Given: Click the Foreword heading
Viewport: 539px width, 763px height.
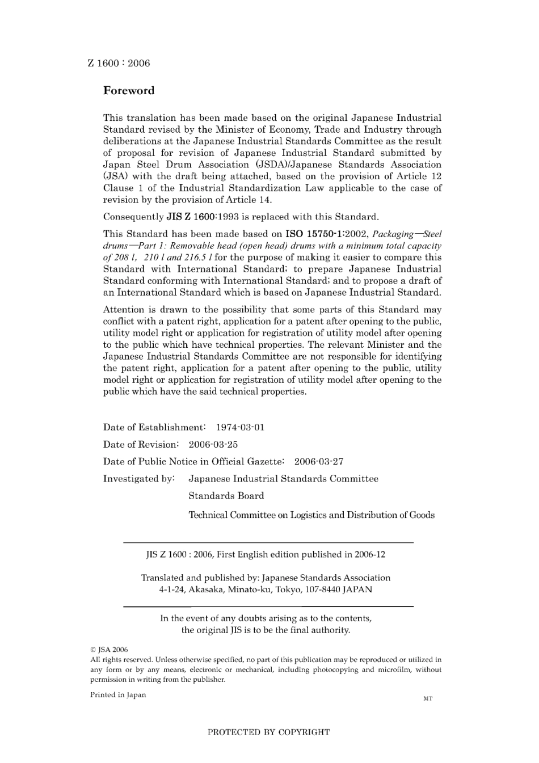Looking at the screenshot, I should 128,91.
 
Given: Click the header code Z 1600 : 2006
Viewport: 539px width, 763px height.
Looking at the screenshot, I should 119,64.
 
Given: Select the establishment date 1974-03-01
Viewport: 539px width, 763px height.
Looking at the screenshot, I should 240,427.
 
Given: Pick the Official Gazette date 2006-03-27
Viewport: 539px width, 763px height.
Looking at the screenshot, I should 318,461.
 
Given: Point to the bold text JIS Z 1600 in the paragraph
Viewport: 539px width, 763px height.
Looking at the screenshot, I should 193,217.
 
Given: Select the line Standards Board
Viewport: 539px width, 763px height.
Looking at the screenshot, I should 226,495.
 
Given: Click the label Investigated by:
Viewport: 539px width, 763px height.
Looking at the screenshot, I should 138,478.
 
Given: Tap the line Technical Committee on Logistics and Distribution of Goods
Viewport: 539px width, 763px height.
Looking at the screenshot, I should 311,515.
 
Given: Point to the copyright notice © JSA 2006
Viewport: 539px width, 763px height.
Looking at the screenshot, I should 109,650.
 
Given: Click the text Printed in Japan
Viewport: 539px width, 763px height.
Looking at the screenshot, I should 118,695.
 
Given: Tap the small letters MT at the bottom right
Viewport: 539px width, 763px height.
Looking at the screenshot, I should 428,699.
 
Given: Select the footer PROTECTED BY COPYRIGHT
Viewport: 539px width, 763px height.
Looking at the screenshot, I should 268,732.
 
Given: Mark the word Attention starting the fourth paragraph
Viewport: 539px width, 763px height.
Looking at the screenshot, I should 124,310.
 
